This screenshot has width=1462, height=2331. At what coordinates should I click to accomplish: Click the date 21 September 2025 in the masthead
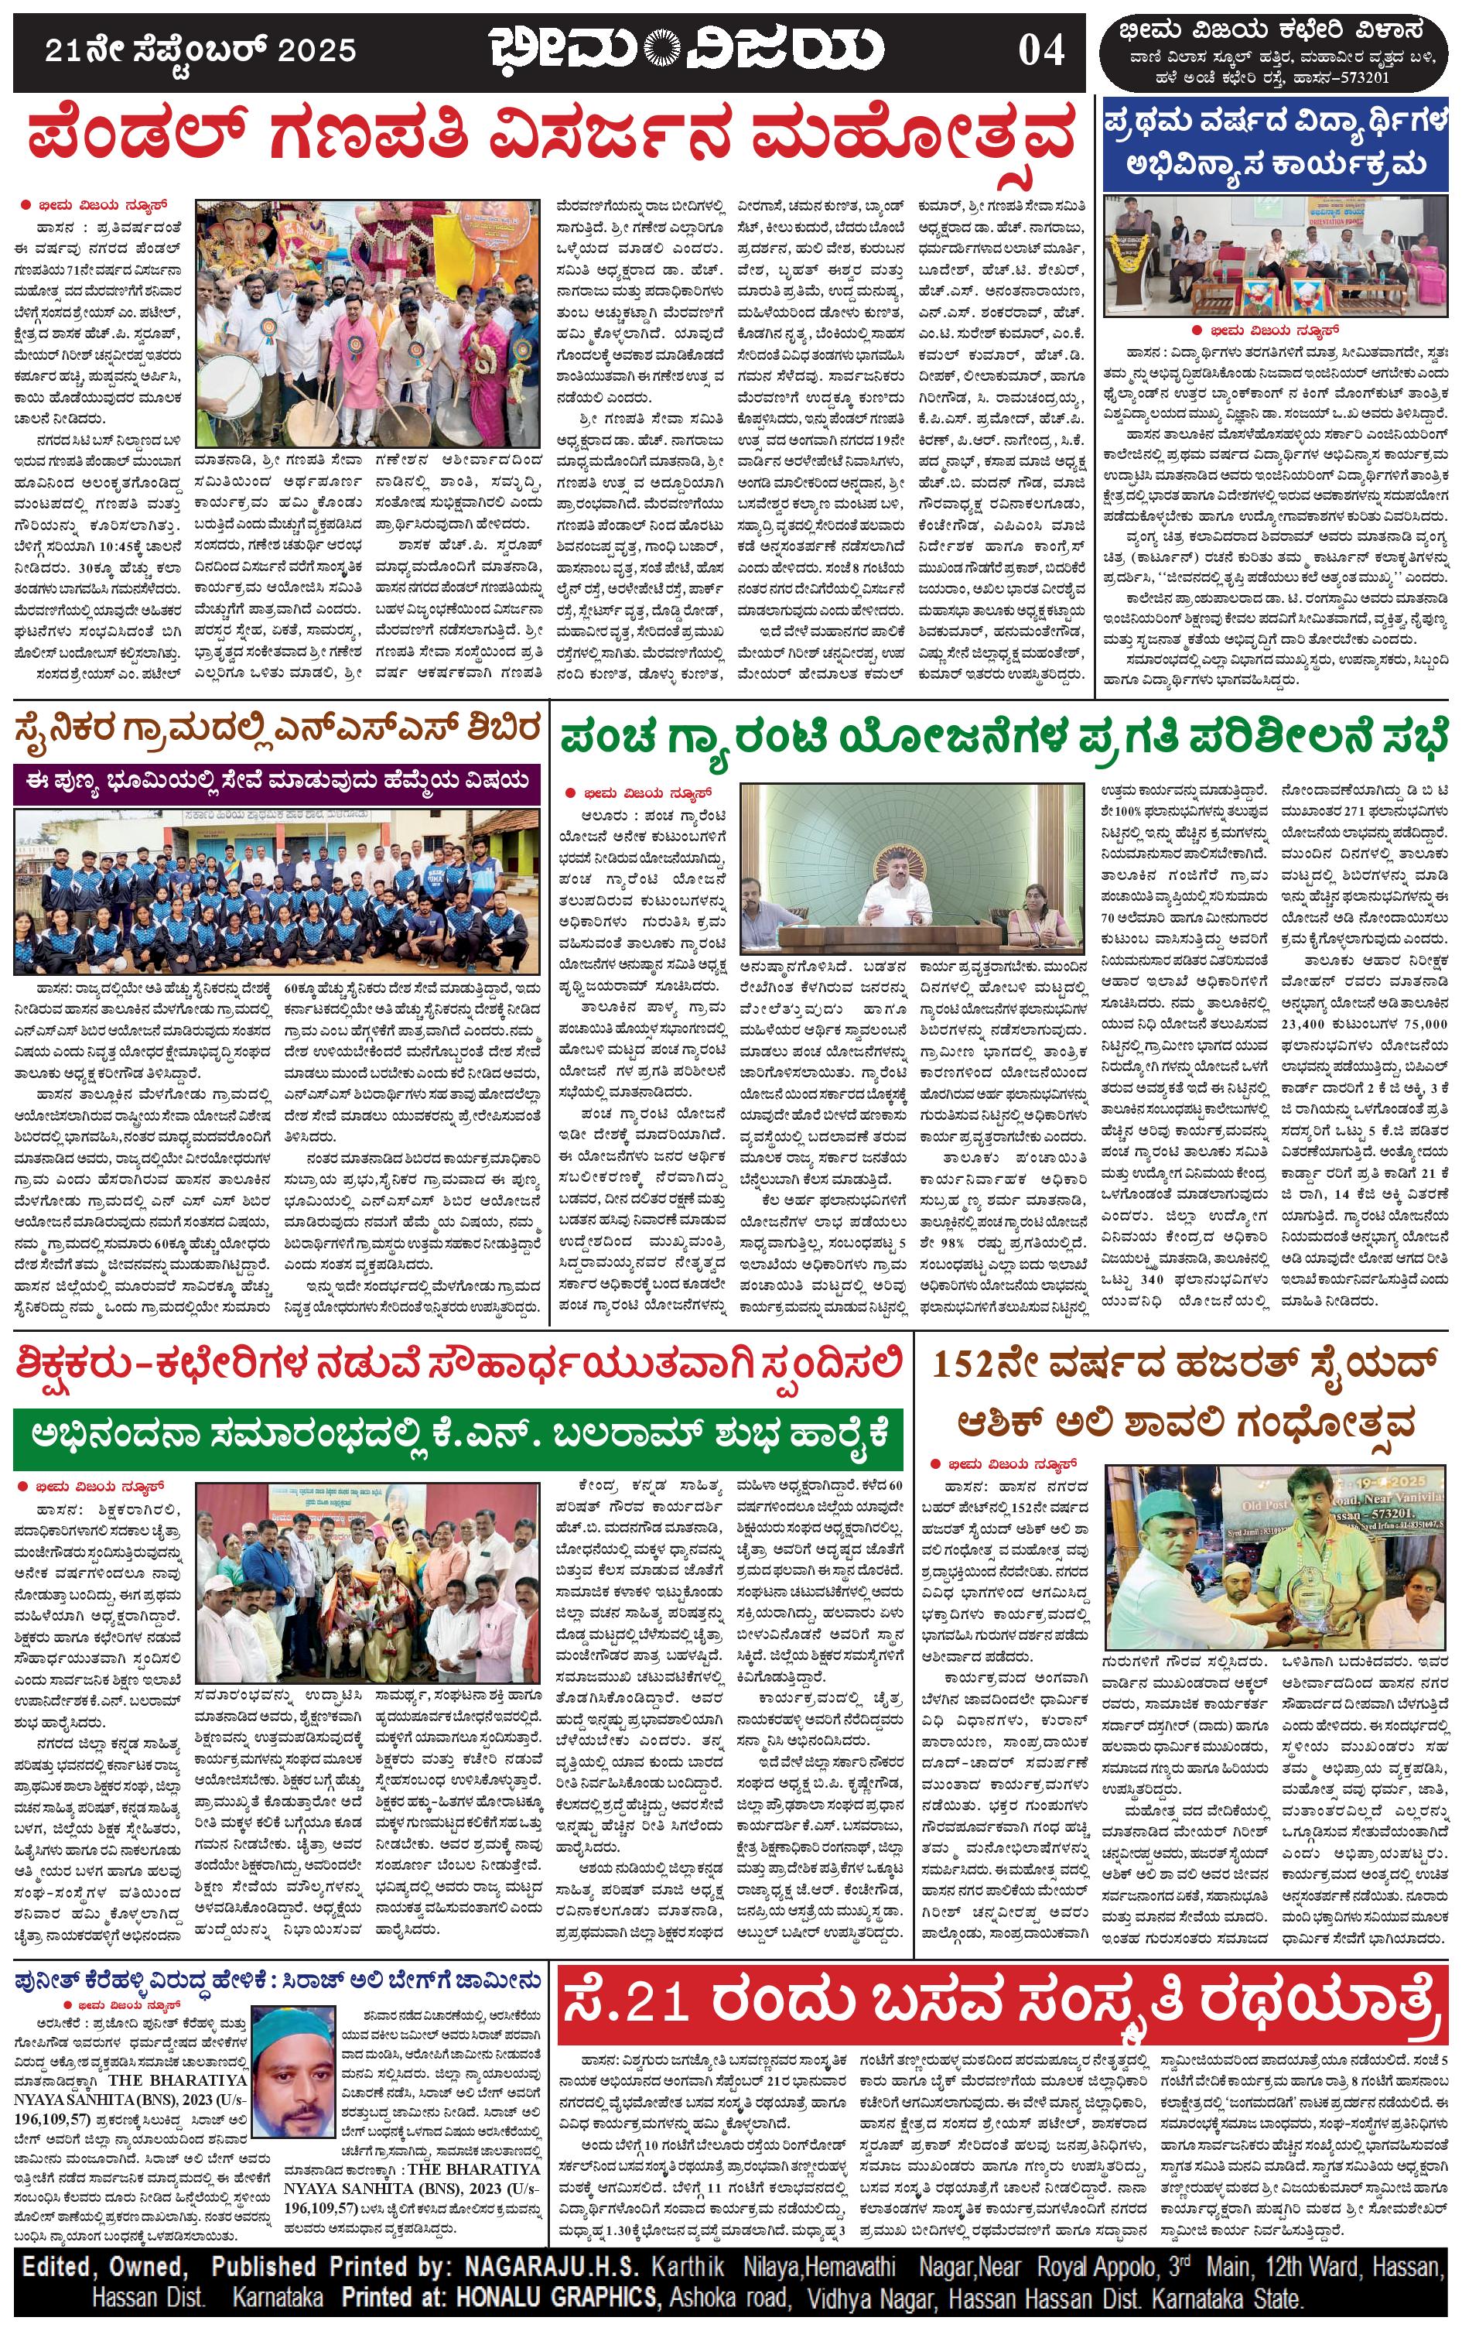pos(200,50)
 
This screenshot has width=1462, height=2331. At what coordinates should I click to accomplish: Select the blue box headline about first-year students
pos(1277,144)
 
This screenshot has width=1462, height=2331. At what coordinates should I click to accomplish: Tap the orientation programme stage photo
pos(1277,255)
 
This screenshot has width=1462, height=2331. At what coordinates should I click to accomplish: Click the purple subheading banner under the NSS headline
pos(275,781)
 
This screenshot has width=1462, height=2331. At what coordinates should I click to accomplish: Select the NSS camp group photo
pos(275,891)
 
